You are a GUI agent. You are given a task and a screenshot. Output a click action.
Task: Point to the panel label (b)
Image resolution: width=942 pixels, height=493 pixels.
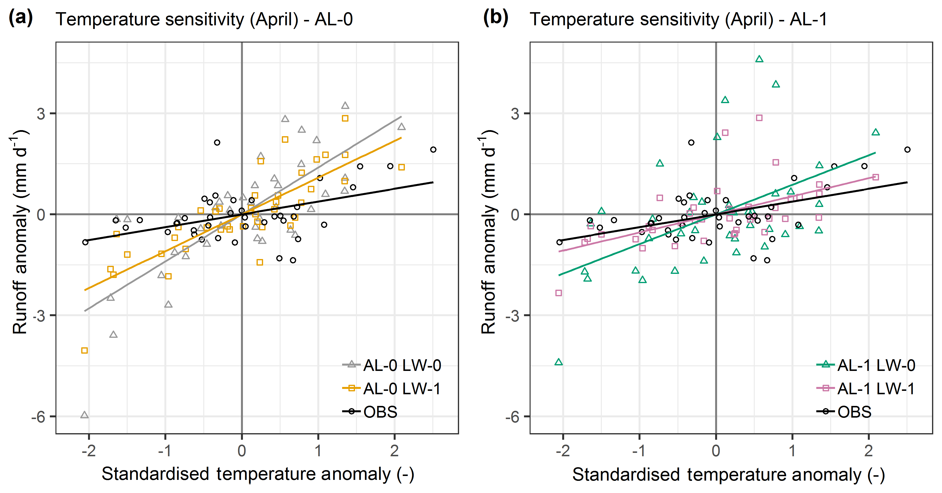tap(496, 18)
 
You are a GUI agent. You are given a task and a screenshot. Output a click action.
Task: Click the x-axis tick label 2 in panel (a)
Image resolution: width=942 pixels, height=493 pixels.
tap(394, 451)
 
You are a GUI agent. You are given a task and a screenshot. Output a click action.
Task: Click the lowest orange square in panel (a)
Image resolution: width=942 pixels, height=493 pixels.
tap(84, 351)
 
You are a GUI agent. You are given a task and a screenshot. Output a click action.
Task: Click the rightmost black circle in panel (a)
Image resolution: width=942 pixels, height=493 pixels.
tap(433, 150)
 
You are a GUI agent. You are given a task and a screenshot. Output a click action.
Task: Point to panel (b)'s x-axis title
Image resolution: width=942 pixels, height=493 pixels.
tap(729, 475)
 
